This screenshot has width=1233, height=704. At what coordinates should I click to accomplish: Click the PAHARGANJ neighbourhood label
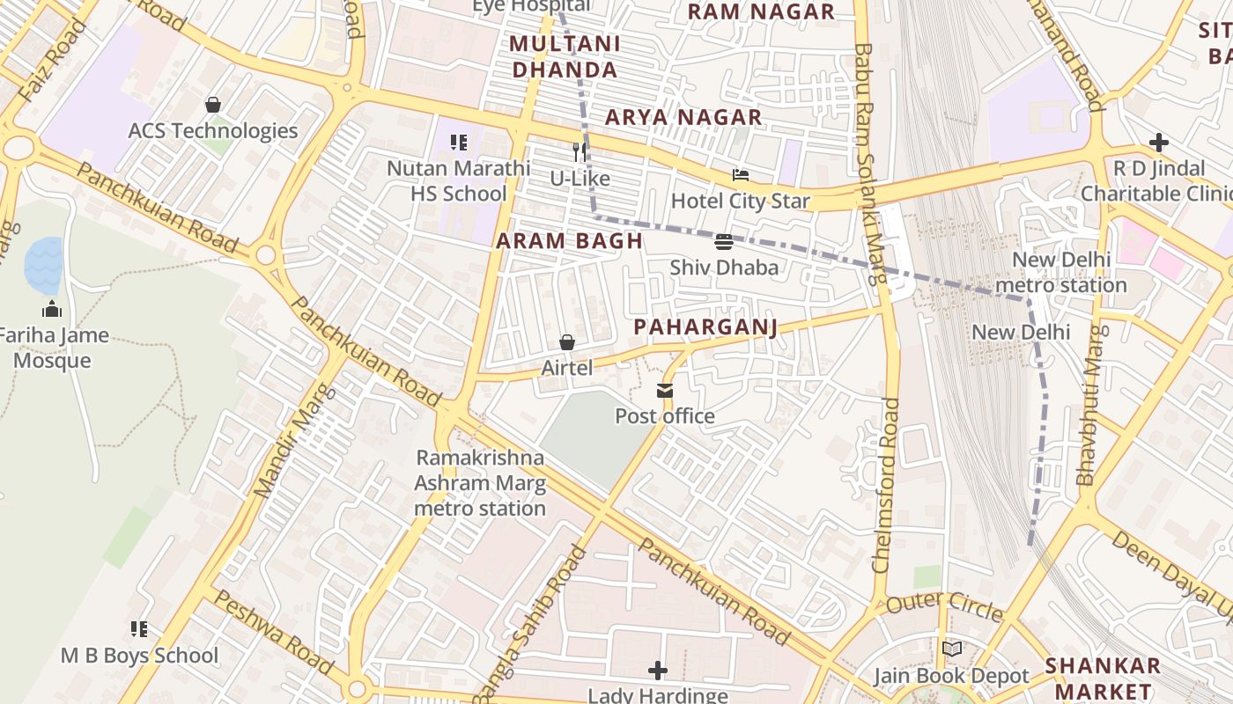coord(705,327)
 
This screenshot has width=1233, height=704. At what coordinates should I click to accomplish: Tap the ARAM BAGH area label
coord(569,240)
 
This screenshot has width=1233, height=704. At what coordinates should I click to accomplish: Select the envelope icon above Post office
coord(665,390)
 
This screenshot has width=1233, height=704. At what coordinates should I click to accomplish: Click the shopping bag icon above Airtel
coord(567,342)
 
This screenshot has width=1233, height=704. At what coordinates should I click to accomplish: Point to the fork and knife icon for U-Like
coord(580,151)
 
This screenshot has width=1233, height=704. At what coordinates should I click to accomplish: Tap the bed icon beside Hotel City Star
coord(741,175)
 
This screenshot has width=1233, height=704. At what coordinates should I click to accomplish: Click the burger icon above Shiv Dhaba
coord(724,241)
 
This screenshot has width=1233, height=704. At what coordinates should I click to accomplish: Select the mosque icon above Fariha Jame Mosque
coord(52,309)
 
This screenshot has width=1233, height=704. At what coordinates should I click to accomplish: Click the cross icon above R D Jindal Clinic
coord(1159,143)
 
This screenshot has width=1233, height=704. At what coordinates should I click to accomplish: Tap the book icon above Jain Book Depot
coord(951,649)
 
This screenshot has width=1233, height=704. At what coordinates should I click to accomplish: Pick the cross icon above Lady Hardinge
coord(658,671)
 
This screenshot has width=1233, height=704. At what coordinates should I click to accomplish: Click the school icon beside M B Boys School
coord(139,629)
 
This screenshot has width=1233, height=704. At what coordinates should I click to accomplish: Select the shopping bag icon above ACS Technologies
coord(212,105)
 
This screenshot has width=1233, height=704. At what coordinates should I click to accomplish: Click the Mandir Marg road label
coord(294,440)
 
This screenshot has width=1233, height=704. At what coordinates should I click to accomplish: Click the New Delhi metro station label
coord(1060,273)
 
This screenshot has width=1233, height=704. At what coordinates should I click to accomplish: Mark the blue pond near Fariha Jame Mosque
coord(43,265)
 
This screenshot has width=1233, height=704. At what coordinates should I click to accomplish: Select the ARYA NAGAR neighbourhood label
coord(683,117)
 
